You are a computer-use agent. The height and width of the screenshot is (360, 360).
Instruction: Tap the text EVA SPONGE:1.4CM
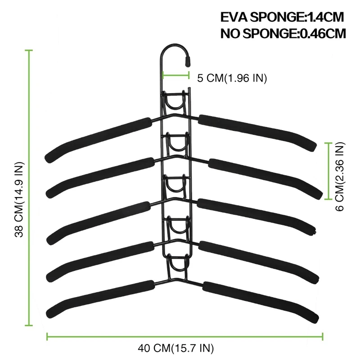coord(282,17)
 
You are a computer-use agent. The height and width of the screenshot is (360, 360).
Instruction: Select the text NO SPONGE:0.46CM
coord(283,33)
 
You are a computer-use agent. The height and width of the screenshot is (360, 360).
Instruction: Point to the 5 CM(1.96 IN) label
coord(232,78)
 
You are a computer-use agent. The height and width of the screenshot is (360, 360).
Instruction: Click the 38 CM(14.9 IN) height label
coord(19,199)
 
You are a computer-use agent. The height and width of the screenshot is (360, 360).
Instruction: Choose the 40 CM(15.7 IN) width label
coord(175,348)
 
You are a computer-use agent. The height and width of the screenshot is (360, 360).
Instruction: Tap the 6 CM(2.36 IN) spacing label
coord(340,176)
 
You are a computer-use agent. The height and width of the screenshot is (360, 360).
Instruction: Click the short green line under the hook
coord(176,75)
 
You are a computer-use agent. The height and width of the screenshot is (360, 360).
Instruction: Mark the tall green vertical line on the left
coord(29,188)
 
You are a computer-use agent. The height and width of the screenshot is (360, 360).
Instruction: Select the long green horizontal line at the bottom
coord(185,337)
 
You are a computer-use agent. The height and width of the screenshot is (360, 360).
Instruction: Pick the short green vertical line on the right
coord(328,171)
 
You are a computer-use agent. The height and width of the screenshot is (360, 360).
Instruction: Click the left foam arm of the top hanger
coord(98,140)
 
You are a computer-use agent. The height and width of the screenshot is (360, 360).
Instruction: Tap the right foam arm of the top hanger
coord(257,133)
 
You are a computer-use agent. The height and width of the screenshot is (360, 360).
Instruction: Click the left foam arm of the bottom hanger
coord(100,299)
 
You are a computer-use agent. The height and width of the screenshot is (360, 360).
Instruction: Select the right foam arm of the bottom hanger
coord(261,302)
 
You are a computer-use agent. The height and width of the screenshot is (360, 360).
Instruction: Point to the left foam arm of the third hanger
coord(99,223)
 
